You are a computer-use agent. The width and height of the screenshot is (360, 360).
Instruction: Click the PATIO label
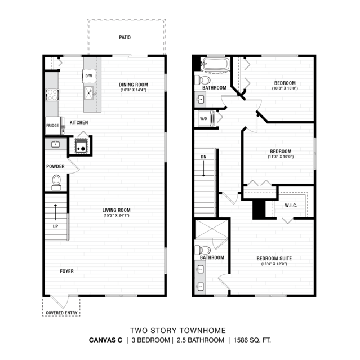coord(125,37)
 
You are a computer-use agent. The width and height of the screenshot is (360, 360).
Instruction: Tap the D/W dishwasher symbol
coord(89,75)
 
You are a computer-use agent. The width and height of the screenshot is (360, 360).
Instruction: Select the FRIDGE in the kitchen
coord(52,126)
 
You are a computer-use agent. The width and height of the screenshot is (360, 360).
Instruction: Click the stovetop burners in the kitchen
coord(52,95)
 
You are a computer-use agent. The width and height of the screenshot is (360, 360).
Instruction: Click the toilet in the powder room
coord(56,183)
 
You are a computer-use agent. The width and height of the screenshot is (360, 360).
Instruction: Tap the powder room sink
coord(55,144)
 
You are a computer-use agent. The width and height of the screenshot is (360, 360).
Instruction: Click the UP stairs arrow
coord(55,212)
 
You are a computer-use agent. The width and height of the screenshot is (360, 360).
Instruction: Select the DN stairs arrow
coord(203,168)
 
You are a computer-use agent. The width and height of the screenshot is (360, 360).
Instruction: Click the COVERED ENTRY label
coord(61,313)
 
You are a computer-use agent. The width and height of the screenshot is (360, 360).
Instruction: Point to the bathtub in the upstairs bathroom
coord(216,64)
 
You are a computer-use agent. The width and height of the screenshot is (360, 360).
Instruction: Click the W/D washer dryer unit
coord(206,119)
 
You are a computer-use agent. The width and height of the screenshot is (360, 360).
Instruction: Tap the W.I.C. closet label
coord(291,206)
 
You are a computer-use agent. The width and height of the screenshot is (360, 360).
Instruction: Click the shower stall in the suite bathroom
coord(212,229)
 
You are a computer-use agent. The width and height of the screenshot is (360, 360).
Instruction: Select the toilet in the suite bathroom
coord(202,250)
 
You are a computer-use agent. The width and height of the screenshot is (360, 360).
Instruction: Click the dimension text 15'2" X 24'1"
coord(116,215)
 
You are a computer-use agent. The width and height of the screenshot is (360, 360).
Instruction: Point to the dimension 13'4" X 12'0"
coord(274,264)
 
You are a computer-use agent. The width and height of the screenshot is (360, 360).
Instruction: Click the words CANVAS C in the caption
coord(105,340)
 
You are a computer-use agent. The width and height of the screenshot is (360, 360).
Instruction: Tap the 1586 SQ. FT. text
coord(252,340)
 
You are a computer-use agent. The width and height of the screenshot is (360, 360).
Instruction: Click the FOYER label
coord(67,271)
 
